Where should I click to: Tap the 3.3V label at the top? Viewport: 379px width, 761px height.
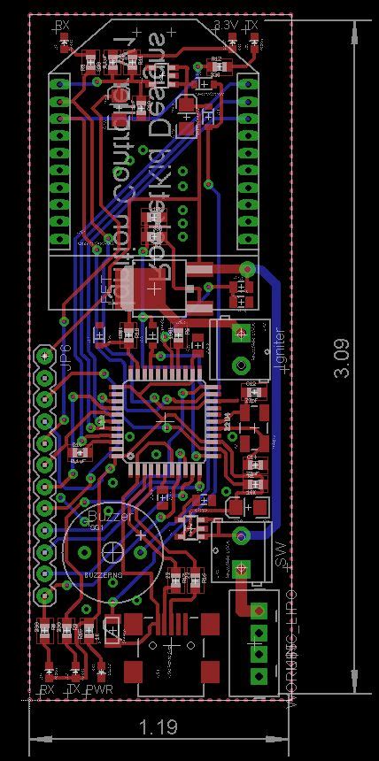point(227,27)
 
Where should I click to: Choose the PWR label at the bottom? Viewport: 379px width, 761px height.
point(100,689)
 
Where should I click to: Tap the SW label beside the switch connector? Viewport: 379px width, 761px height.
point(280,552)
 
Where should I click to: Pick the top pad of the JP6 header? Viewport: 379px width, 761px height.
point(43,356)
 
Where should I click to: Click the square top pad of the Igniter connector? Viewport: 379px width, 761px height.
point(238,334)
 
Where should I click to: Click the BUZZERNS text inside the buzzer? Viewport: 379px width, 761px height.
point(104,575)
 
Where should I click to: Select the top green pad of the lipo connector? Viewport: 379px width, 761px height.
point(259,611)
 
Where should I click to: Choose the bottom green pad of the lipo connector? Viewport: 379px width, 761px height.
point(259,676)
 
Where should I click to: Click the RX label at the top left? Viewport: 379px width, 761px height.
point(61,27)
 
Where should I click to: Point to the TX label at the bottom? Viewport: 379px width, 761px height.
point(74,689)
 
